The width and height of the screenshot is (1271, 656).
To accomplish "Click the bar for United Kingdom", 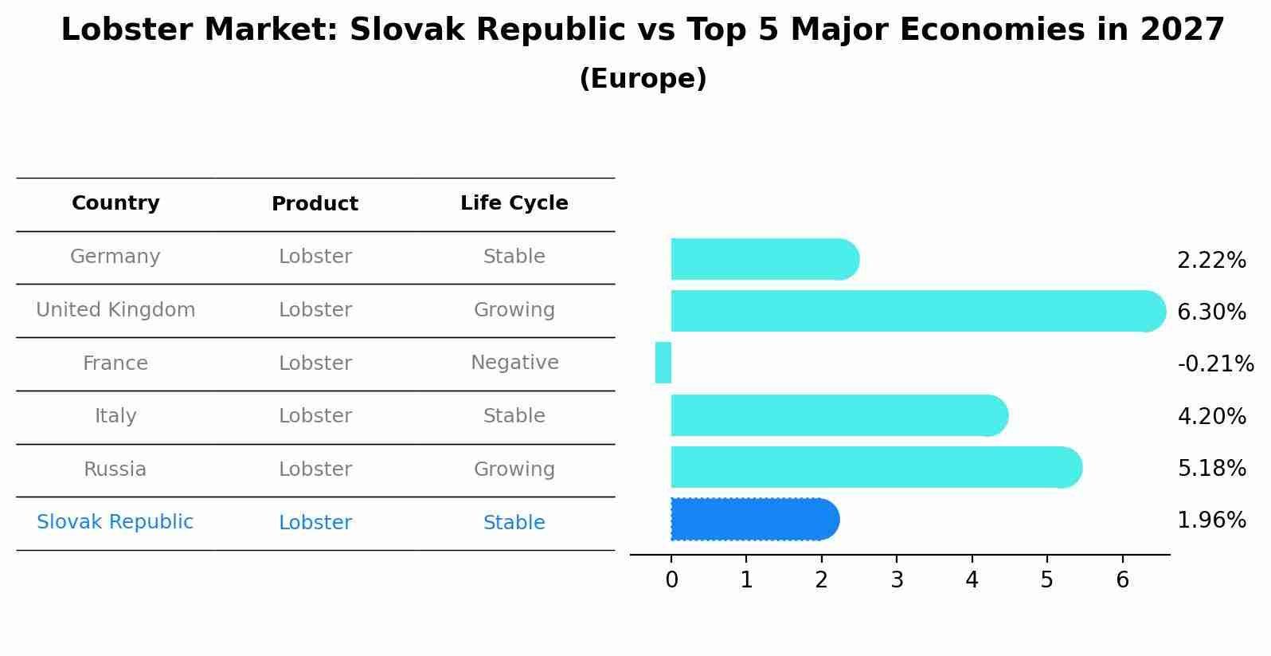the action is click(x=918, y=311).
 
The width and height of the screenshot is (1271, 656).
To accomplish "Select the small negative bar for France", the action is click(x=663, y=363).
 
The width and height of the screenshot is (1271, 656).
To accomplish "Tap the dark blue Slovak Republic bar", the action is click(x=755, y=519).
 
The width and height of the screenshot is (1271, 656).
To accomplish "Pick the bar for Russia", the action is click(x=877, y=467).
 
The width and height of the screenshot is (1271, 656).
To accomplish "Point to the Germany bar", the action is click(x=765, y=259).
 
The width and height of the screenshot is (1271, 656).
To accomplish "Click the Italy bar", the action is click(x=839, y=415).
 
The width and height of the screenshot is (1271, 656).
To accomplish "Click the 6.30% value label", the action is click(x=1211, y=312).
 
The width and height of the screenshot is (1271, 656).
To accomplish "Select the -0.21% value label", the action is click(x=1215, y=363).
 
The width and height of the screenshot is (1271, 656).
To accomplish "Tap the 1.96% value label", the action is click(x=1211, y=520).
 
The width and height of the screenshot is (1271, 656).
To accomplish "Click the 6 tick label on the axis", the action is click(x=1122, y=579).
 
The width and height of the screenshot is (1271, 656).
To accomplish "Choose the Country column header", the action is click(x=115, y=202).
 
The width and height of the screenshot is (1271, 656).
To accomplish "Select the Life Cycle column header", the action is click(x=514, y=202).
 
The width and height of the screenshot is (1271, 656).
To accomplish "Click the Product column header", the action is click(x=315, y=203).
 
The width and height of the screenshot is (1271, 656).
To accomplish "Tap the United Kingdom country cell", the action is click(x=115, y=309).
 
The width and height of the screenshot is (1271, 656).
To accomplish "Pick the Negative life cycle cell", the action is click(x=514, y=363).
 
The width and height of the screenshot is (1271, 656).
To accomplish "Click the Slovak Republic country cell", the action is click(x=115, y=521).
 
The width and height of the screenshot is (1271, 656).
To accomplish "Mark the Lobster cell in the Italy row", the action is click(x=315, y=416).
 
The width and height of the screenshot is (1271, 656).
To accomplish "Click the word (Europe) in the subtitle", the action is click(x=643, y=78).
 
